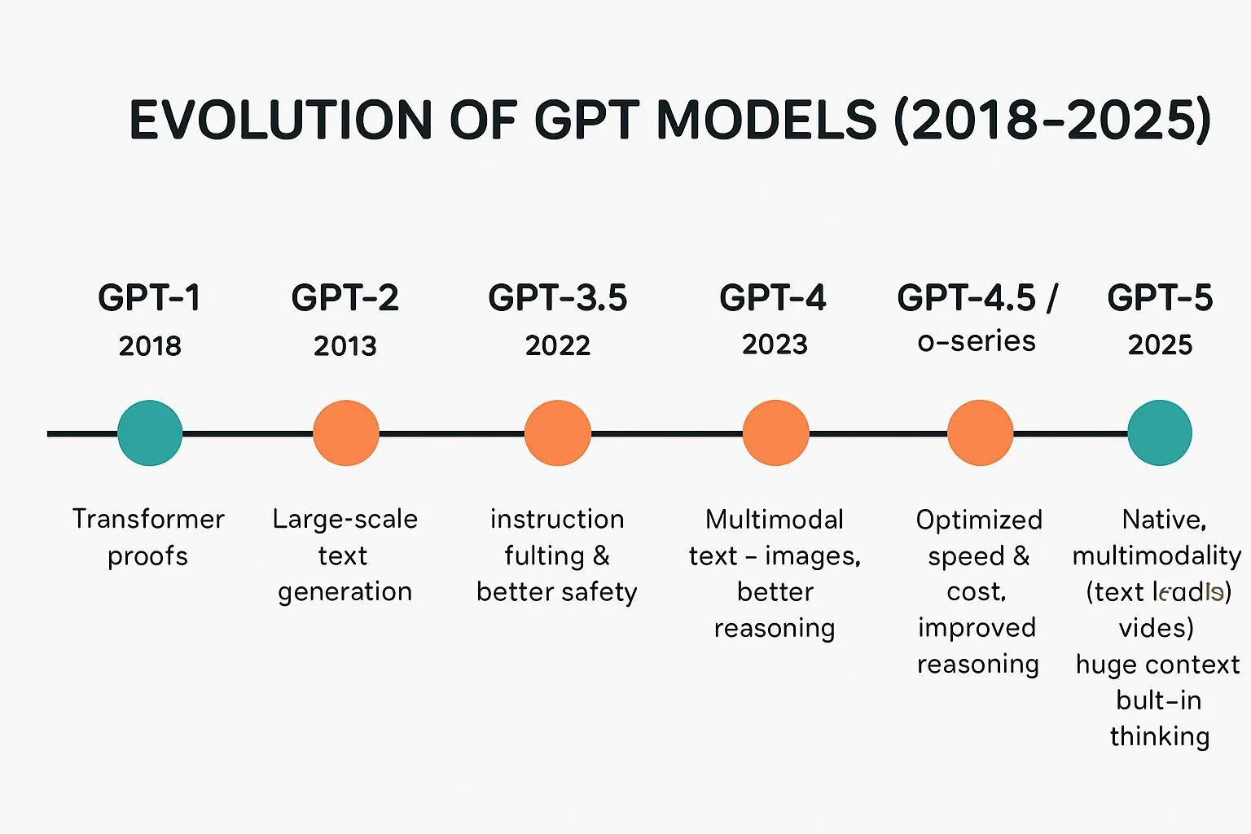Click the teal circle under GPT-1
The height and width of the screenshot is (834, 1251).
150,432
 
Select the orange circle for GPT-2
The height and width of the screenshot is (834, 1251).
346,432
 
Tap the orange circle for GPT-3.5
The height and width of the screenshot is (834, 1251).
558,432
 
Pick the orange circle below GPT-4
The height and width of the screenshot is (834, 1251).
775,432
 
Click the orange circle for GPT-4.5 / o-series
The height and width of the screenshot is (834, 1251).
981,432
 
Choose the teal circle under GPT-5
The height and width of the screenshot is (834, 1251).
1160,432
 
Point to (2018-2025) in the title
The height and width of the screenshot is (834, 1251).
1052,120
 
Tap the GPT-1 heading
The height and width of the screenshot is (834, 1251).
150,298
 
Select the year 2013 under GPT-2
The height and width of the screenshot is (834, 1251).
345,346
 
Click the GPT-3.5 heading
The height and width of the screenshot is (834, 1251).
558,298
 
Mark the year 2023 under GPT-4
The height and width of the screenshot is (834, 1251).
775,345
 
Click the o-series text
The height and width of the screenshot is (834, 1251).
977,341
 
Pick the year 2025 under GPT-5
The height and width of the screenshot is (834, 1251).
1160,345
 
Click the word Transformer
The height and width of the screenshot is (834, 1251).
148,519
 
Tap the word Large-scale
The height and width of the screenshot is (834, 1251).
345,519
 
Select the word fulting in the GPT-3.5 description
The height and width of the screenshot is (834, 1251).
544,556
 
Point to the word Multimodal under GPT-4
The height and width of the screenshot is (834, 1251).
775,520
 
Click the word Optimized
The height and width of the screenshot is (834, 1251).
979,520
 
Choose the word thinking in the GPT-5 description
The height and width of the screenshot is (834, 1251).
1160,736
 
